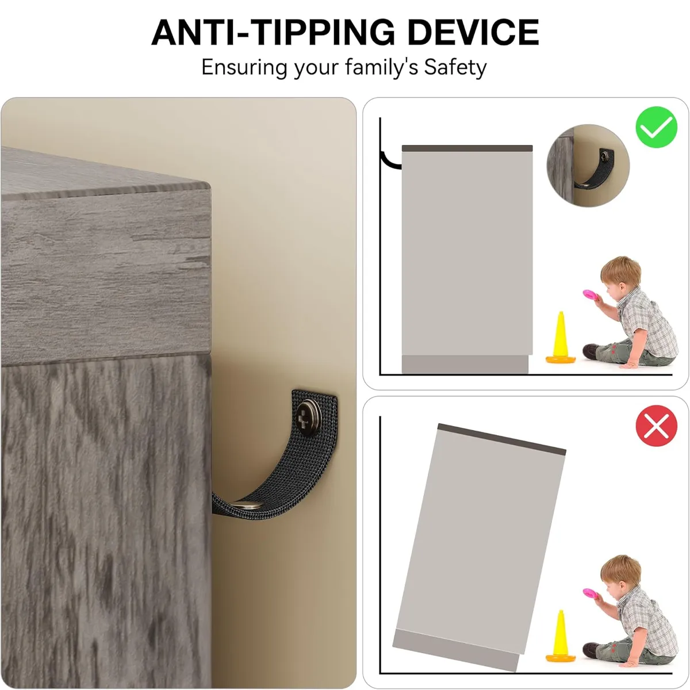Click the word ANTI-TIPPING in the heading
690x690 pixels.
[x=273, y=32]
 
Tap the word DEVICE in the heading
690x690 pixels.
[x=473, y=32]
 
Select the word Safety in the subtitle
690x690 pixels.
[x=455, y=67]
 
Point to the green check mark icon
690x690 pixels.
[x=656, y=127]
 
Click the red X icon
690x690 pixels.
[x=656, y=425]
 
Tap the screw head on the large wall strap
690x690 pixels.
[x=309, y=413]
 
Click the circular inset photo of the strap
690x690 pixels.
[x=588, y=166]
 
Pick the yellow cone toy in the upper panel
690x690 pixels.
[x=561, y=338]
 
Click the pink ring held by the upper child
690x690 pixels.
[x=593, y=296]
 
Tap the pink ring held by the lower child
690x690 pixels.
[x=593, y=595]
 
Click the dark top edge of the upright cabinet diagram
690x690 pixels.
[x=467, y=148]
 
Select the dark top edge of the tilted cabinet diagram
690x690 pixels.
[x=501, y=439]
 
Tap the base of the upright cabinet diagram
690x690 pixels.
[x=465, y=365]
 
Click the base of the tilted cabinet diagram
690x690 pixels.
[x=455, y=650]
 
